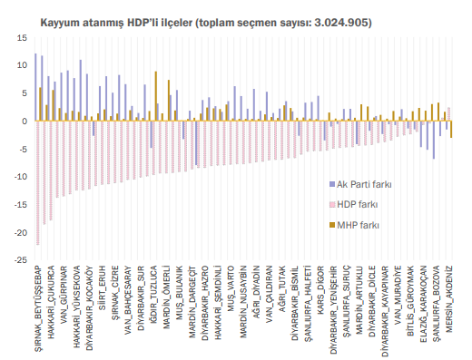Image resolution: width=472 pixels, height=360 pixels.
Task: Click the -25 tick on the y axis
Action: click(x=20, y=260)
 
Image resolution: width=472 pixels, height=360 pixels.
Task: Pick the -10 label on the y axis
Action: click(x=20, y=177)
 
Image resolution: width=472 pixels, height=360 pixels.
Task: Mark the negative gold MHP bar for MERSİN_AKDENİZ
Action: click(x=451, y=130)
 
